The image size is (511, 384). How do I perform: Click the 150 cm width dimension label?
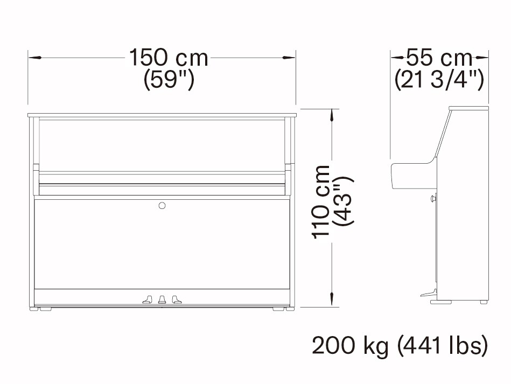point(169,58)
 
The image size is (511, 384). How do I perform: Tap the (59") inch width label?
point(169,80)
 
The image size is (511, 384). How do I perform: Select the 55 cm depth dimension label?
point(439,58)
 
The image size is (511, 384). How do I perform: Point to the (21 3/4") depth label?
point(439,80)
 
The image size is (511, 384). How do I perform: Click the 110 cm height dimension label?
point(321,202)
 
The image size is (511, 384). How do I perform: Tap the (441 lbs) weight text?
point(443,346)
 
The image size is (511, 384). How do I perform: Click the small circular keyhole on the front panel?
point(162,205)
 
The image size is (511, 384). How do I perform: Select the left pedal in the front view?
point(148,299)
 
